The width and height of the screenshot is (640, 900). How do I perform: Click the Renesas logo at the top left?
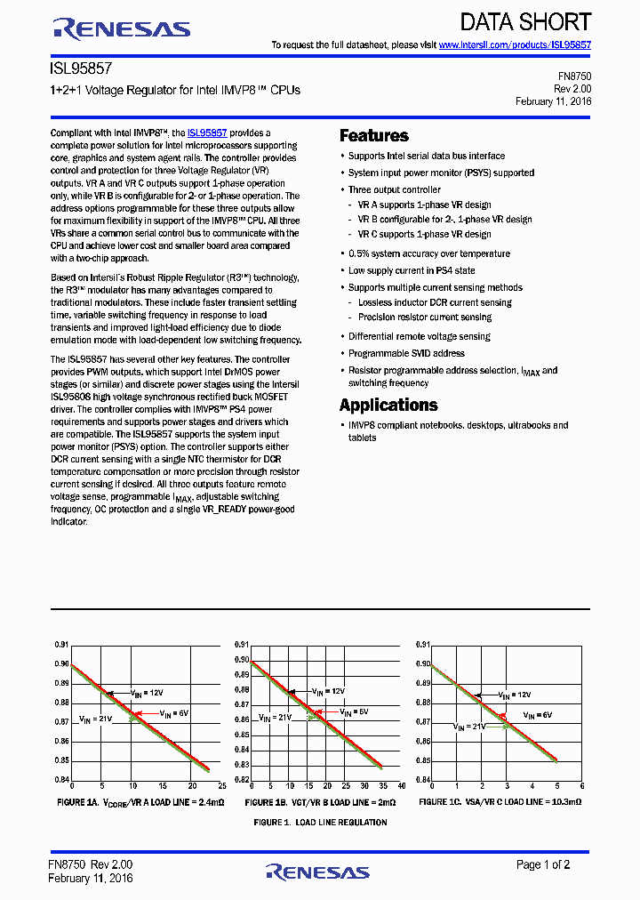122,28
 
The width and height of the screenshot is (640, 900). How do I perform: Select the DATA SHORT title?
525,22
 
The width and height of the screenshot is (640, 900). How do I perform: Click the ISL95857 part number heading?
81,67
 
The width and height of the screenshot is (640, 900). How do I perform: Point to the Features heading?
374,136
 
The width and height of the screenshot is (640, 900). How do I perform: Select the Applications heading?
388,406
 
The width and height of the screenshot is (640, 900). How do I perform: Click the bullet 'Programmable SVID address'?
406,353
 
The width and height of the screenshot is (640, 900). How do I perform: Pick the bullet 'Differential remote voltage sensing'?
420,336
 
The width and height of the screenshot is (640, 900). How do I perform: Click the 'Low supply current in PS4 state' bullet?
412,270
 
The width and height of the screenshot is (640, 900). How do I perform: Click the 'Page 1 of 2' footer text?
544,864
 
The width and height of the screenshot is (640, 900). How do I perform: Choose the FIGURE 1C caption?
500,802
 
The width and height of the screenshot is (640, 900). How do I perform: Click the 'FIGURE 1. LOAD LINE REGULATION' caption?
320,823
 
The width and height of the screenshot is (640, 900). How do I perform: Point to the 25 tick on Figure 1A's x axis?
221,787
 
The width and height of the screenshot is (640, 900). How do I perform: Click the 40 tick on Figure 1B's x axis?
402,787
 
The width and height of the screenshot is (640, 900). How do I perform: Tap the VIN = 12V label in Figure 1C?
515,695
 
